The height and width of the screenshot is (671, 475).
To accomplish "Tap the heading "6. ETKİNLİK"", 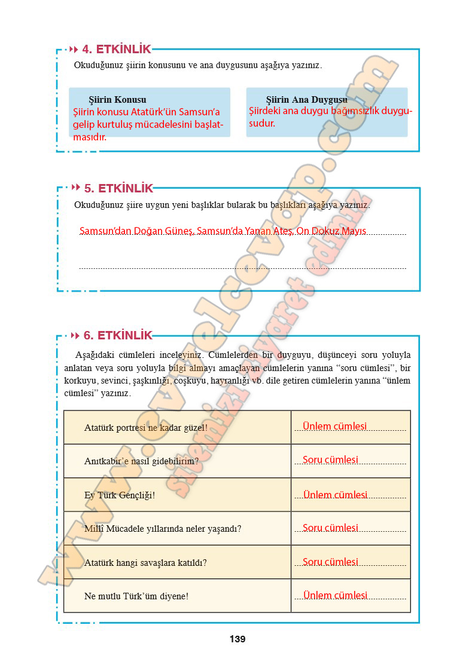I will pyautogui.click(x=118, y=335).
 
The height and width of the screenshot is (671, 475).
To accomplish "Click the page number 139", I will pyautogui.click(x=237, y=639).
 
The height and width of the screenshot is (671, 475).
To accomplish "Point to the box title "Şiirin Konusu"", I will pyautogui.click(x=117, y=100).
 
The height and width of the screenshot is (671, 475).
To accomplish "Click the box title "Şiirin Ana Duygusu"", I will pyautogui.click(x=306, y=100).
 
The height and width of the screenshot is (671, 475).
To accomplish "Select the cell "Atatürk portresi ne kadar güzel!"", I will pyautogui.click(x=146, y=428).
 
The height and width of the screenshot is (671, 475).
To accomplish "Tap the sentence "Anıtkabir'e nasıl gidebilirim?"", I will pyautogui.click(x=141, y=461).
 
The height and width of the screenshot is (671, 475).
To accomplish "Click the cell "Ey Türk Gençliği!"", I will pyautogui.click(x=120, y=495).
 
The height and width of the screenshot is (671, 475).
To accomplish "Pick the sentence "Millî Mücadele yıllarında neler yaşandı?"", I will pyautogui.click(x=163, y=529).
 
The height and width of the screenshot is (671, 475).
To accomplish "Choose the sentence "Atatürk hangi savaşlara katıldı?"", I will pyautogui.click(x=145, y=562).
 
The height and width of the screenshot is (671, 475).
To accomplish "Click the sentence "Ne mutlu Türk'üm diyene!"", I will pyautogui.click(x=136, y=596).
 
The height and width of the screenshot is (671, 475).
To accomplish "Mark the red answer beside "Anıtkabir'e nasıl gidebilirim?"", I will pyautogui.click(x=330, y=460).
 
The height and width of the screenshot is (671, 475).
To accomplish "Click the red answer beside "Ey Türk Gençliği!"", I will pyautogui.click(x=335, y=495).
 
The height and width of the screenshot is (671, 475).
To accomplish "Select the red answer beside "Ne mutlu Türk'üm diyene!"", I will pyautogui.click(x=335, y=595).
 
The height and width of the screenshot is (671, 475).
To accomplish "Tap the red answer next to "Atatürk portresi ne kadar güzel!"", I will pyautogui.click(x=334, y=427).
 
